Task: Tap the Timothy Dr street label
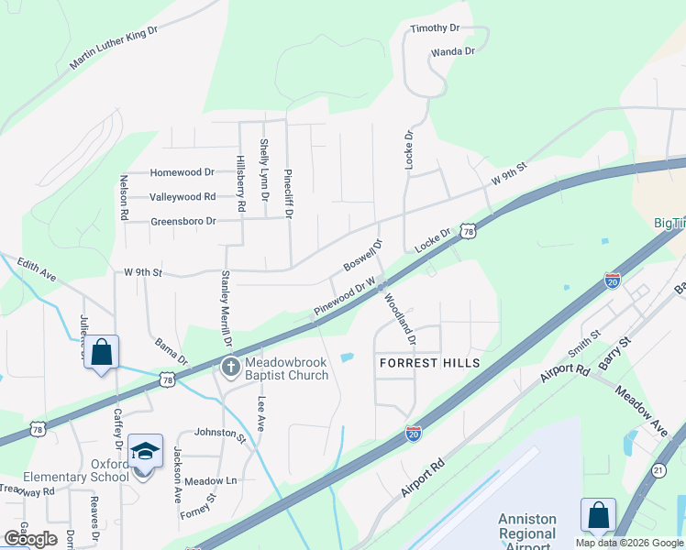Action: pyautogui.click(x=435, y=29)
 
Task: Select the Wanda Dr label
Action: pyautogui.click(x=452, y=51)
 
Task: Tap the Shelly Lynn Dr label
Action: pyautogui.click(x=264, y=170)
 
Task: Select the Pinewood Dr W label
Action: pyautogui.click(x=346, y=299)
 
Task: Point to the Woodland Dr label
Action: pyautogui.click(x=400, y=318)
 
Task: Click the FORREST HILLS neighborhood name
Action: pyautogui.click(x=430, y=363)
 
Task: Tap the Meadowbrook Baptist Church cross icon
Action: pyautogui.click(x=230, y=368)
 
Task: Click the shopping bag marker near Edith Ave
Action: pyautogui.click(x=101, y=351)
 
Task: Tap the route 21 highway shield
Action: pyautogui.click(x=658, y=470)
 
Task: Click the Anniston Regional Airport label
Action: pyautogui.click(x=527, y=533)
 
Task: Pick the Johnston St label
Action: pyautogui.click(x=221, y=434)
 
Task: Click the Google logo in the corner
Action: pyautogui.click(x=31, y=539)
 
